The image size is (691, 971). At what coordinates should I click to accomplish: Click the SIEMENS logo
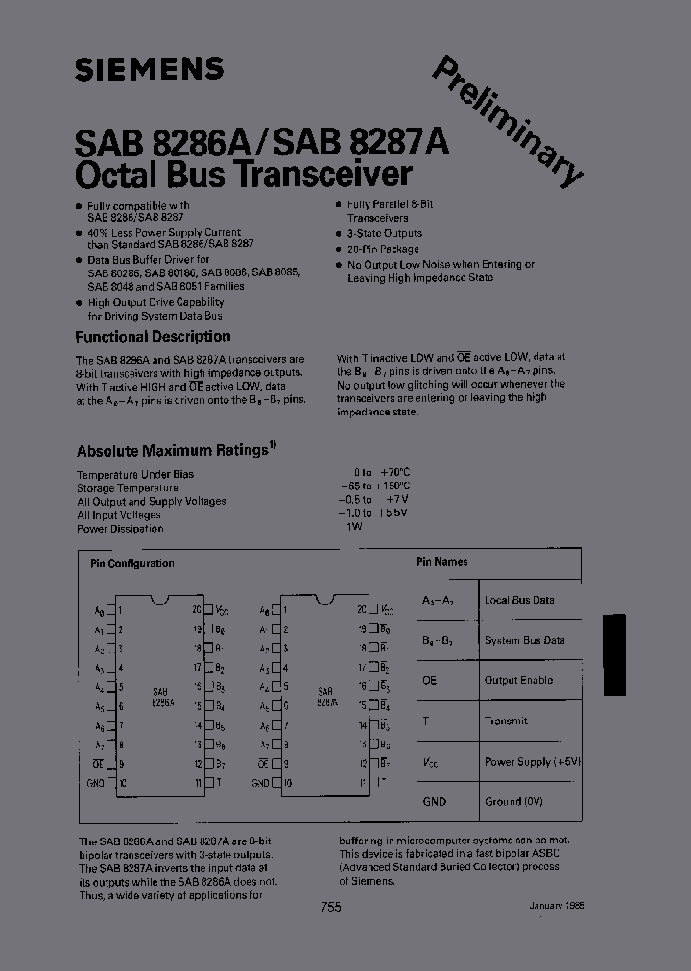click(x=149, y=69)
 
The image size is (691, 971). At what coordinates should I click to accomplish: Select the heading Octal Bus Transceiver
click(x=244, y=175)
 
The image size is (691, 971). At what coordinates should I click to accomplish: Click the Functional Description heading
click(x=153, y=337)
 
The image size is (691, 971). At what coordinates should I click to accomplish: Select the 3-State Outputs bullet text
click(x=384, y=233)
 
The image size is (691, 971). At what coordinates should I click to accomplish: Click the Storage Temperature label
click(x=128, y=487)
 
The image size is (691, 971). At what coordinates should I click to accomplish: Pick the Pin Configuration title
click(x=132, y=564)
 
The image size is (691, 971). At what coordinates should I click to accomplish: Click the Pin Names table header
click(x=442, y=562)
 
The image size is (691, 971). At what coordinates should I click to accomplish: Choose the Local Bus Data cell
click(x=519, y=600)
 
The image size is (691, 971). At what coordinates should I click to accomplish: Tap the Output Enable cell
click(x=518, y=680)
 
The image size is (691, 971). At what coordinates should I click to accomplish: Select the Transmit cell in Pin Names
click(x=506, y=721)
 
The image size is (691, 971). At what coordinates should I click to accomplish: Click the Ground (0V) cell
click(x=515, y=801)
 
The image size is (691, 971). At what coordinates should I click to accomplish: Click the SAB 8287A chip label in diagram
click(x=326, y=697)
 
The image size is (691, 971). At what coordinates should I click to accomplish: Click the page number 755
click(x=331, y=909)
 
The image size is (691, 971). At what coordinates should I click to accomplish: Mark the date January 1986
click(x=557, y=906)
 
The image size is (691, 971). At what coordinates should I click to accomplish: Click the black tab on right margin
click(x=613, y=654)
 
